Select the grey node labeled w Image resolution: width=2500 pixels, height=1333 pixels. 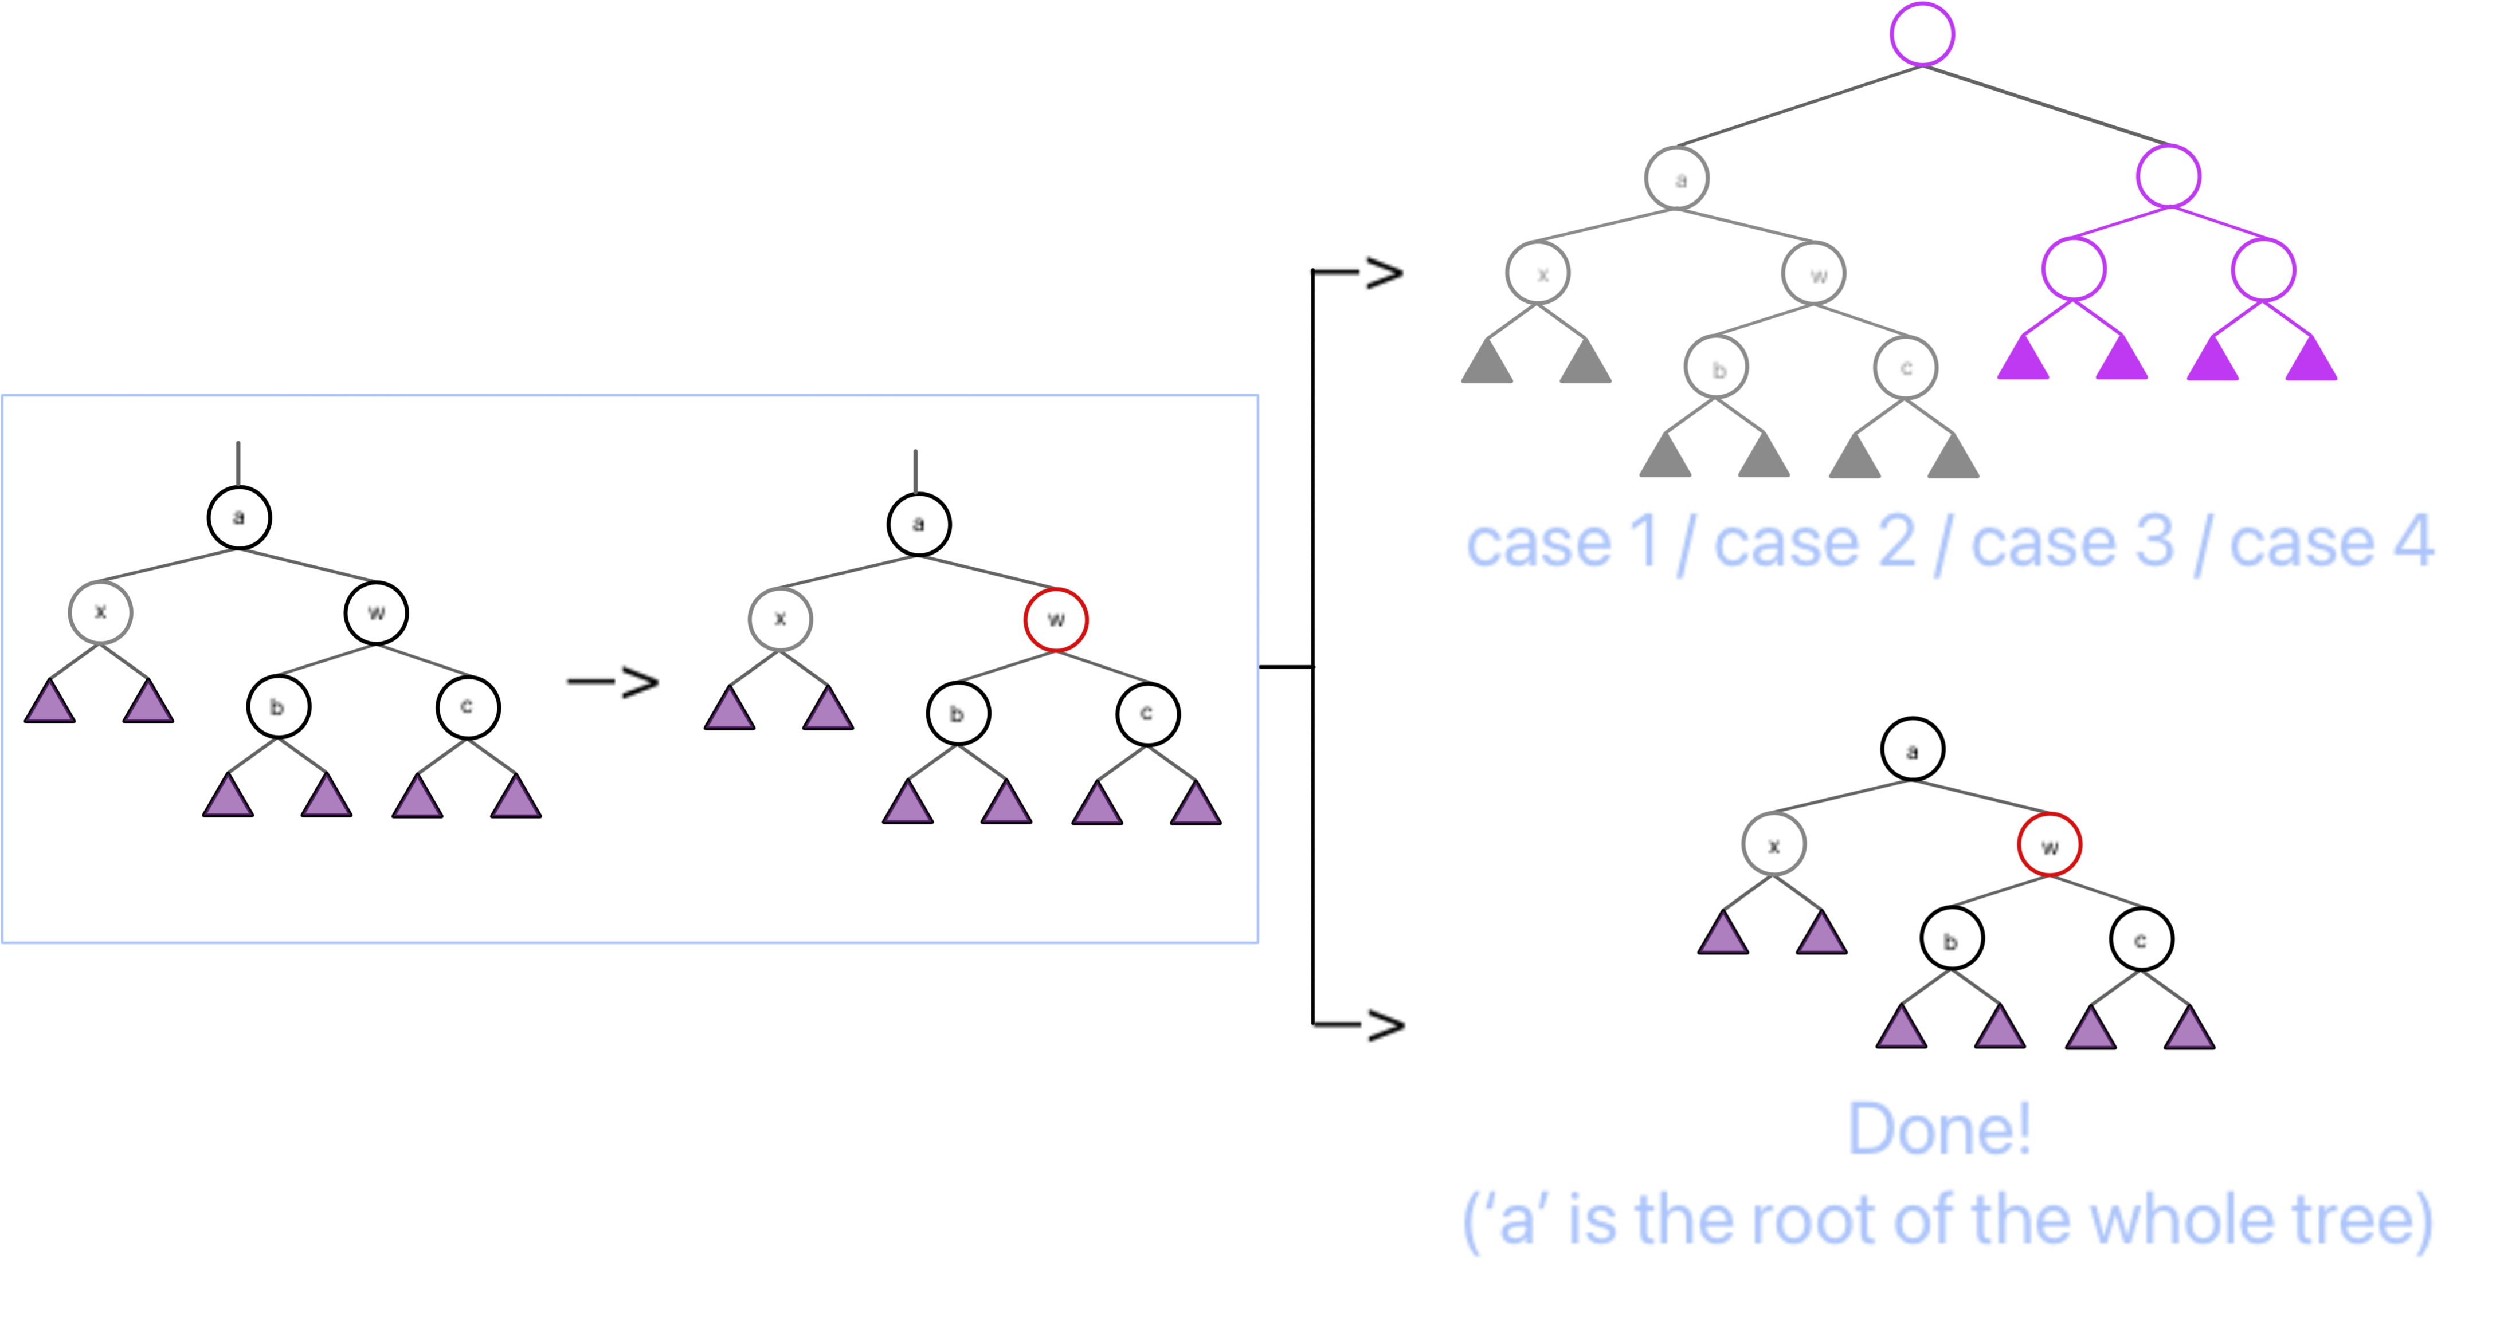tap(1814, 274)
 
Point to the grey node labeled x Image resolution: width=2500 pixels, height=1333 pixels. tap(1538, 274)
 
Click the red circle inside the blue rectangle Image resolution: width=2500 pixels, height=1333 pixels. tap(1056, 620)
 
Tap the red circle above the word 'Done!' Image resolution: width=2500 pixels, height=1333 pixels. tap(2049, 844)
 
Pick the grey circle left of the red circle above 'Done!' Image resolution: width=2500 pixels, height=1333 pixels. tap(1774, 844)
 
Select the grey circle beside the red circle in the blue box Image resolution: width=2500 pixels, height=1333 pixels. tap(780, 620)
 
